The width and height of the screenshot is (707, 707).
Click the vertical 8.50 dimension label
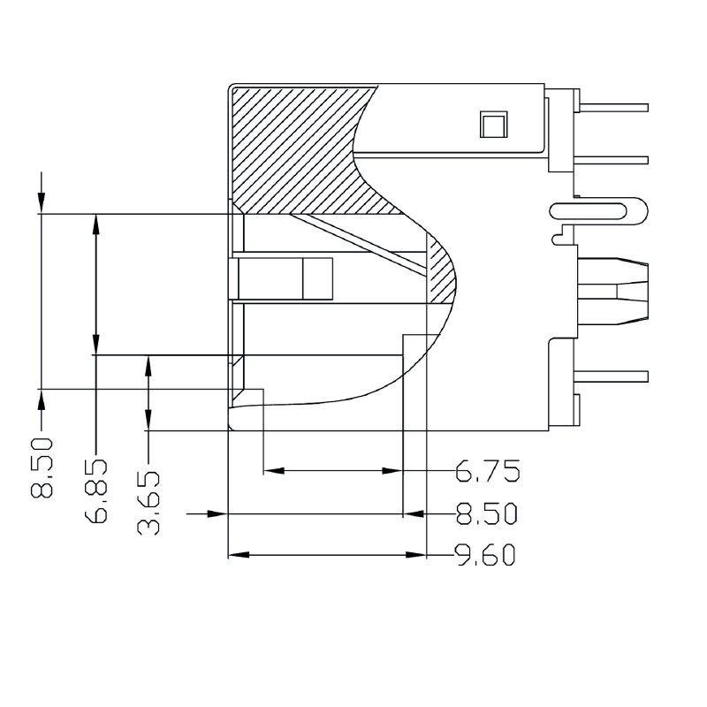pyautogui.click(x=42, y=468)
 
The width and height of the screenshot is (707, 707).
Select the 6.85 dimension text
pyautogui.click(x=95, y=491)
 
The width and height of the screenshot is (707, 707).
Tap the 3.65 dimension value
pyautogui.click(x=148, y=503)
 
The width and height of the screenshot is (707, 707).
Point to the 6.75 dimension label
pyautogui.click(x=488, y=471)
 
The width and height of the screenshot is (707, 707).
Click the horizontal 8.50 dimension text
pyautogui.click(x=487, y=513)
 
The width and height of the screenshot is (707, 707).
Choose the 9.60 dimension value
pyautogui.click(x=485, y=555)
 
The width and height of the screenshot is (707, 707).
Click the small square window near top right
pyautogui.click(x=493, y=124)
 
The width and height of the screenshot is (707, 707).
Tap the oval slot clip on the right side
pyautogui.click(x=598, y=211)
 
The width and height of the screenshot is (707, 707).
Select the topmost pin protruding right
pyautogui.click(x=613, y=108)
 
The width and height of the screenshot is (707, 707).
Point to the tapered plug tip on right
pyautogui.click(x=632, y=292)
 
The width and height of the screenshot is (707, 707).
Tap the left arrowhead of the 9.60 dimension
pyautogui.click(x=239, y=555)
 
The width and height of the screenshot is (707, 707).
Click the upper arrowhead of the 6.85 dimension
pyautogui.click(x=95, y=224)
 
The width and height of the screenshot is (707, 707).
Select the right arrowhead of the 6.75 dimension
pyautogui.click(x=392, y=471)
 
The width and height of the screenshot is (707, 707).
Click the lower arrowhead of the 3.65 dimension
pyautogui.click(x=148, y=420)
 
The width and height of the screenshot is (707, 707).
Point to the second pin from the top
pyautogui.click(x=611, y=161)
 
